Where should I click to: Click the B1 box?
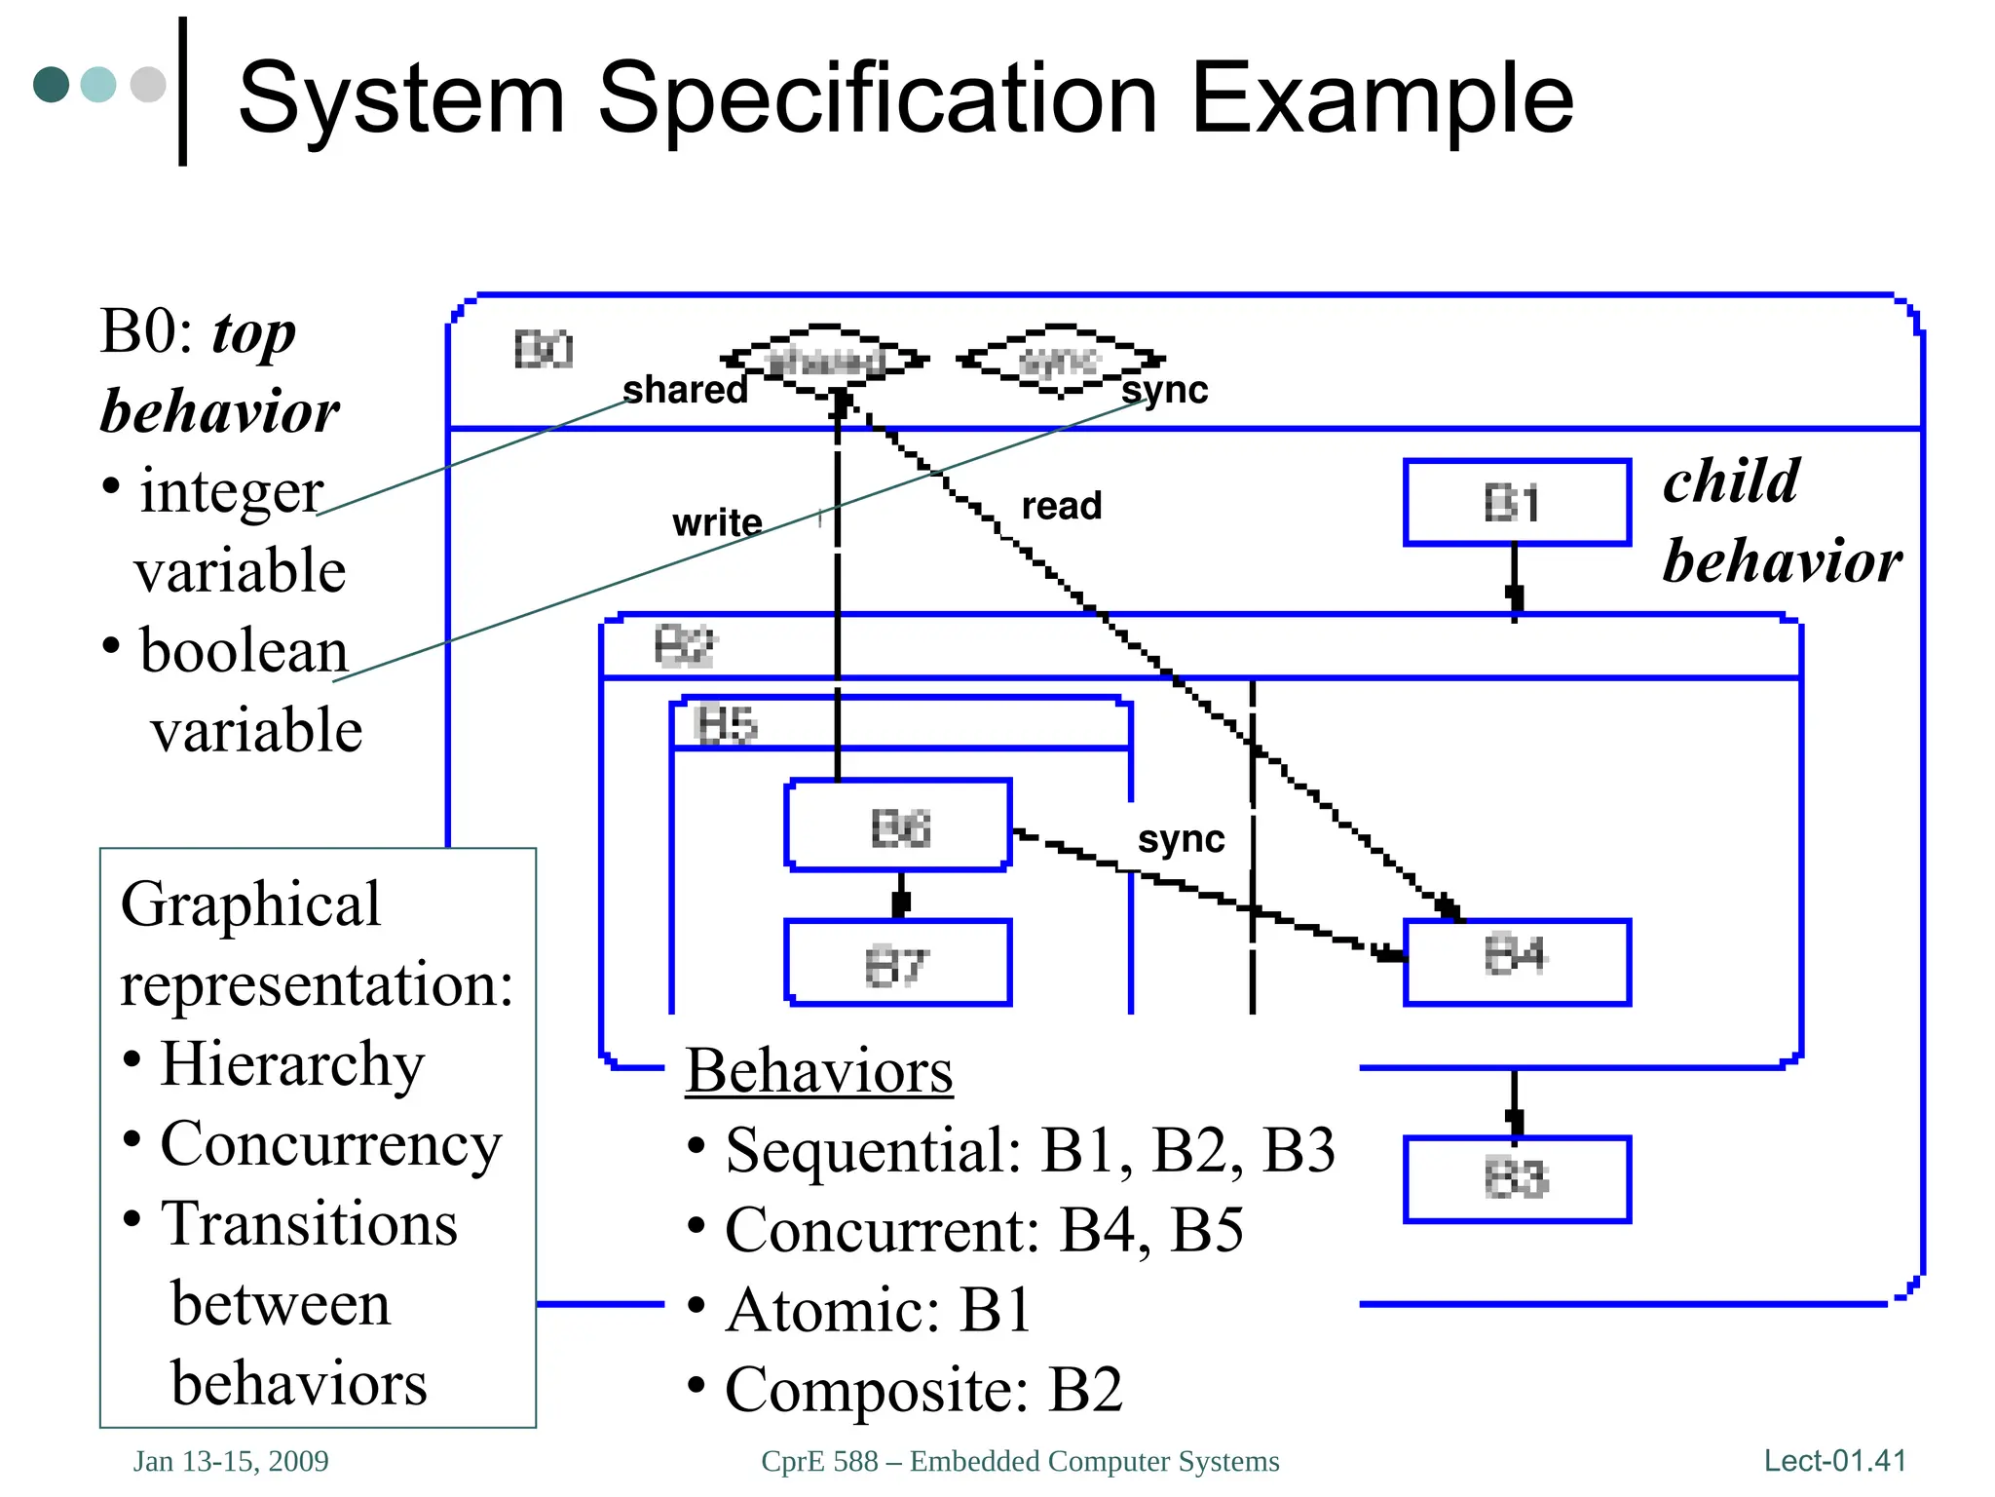point(1516,503)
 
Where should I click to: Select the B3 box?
point(1516,1179)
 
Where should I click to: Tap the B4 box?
point(1516,961)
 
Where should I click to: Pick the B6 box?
point(898,826)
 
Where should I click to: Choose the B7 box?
point(898,964)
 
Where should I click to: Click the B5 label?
point(726,725)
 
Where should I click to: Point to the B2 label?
point(684,646)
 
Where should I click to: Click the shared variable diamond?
point(825,361)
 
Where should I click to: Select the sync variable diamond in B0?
point(1060,361)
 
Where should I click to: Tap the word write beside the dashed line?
point(717,523)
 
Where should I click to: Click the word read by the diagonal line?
point(1061,506)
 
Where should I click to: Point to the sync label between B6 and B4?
point(1181,839)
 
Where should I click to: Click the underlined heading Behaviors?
point(818,1071)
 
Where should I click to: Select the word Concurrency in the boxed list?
point(331,1144)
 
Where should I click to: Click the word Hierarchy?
point(292,1063)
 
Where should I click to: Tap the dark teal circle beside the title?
point(51,85)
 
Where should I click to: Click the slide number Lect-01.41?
point(1834,1461)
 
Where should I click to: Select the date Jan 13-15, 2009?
point(231,1462)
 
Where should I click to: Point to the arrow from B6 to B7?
point(900,895)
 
